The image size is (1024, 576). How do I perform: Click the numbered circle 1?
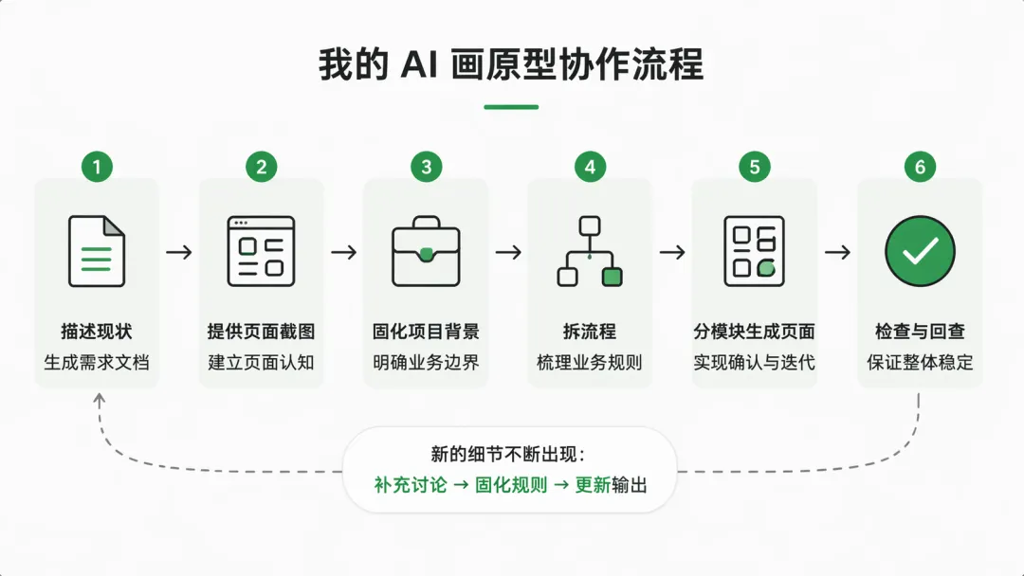97,168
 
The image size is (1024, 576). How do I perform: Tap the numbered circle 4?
590,168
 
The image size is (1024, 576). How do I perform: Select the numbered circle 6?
920,168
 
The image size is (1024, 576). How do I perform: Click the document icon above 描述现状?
97,251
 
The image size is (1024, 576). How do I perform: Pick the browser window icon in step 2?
261,251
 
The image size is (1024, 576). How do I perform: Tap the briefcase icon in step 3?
426,251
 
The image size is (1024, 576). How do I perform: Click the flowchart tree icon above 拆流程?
590,251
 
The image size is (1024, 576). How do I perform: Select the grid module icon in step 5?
754,251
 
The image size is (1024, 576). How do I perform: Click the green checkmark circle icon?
920,251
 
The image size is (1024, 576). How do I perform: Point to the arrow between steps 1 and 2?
179,252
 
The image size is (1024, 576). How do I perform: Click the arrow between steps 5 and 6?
837,252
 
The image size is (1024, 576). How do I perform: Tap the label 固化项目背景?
426,332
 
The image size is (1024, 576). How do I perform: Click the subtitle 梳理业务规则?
590,362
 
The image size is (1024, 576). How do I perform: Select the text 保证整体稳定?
920,362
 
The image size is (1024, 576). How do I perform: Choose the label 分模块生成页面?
754,332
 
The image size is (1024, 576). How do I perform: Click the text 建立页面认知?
261,362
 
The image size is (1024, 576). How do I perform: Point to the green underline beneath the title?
511,107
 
